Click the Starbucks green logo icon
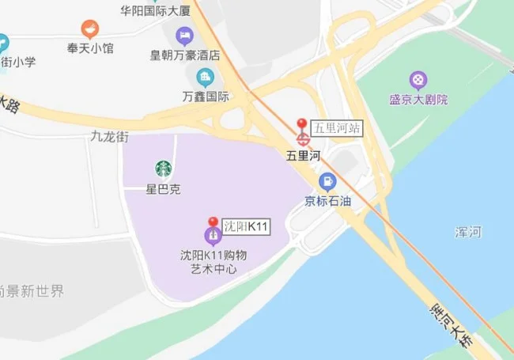coord(164,169)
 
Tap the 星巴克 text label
coord(164,190)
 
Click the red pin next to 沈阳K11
coord(213,223)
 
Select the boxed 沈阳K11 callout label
coord(247,227)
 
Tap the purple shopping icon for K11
coord(213,236)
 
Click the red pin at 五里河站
coord(301,124)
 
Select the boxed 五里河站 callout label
coord(336,128)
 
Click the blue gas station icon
coord(327,181)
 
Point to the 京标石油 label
coord(327,201)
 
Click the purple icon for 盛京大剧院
coord(418,80)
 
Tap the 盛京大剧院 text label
coord(418,100)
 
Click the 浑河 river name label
coord(468,232)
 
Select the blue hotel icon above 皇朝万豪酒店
coord(185,36)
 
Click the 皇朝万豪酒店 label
coord(185,55)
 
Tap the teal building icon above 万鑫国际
coord(206,77)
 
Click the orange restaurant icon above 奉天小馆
coord(90,29)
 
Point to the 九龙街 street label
coord(109,137)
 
